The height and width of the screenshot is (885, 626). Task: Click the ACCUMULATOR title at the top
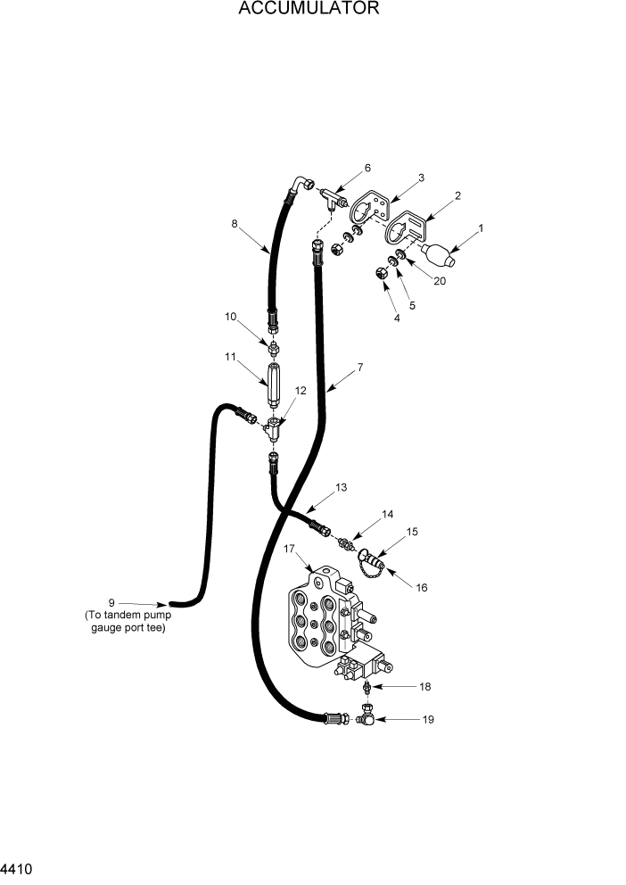(x=309, y=10)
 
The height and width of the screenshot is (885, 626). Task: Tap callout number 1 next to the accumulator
(x=481, y=228)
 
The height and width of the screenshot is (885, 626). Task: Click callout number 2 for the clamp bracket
(x=457, y=195)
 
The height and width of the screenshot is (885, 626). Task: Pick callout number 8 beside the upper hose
(x=235, y=225)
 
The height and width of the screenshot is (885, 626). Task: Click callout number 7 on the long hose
(x=359, y=366)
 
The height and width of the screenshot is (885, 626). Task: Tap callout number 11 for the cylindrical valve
(x=230, y=357)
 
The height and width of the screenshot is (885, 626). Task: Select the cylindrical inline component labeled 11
(x=274, y=382)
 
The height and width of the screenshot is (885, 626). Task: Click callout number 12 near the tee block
(x=301, y=391)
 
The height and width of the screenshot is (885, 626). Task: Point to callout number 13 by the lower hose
(x=341, y=487)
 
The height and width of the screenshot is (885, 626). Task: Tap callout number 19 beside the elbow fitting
(x=427, y=719)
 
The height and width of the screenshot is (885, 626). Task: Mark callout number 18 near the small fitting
(x=425, y=687)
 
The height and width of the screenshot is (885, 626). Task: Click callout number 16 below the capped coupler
(x=422, y=587)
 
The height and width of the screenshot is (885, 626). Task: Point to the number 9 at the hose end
(x=111, y=602)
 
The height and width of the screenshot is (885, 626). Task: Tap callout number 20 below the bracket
(x=440, y=281)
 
